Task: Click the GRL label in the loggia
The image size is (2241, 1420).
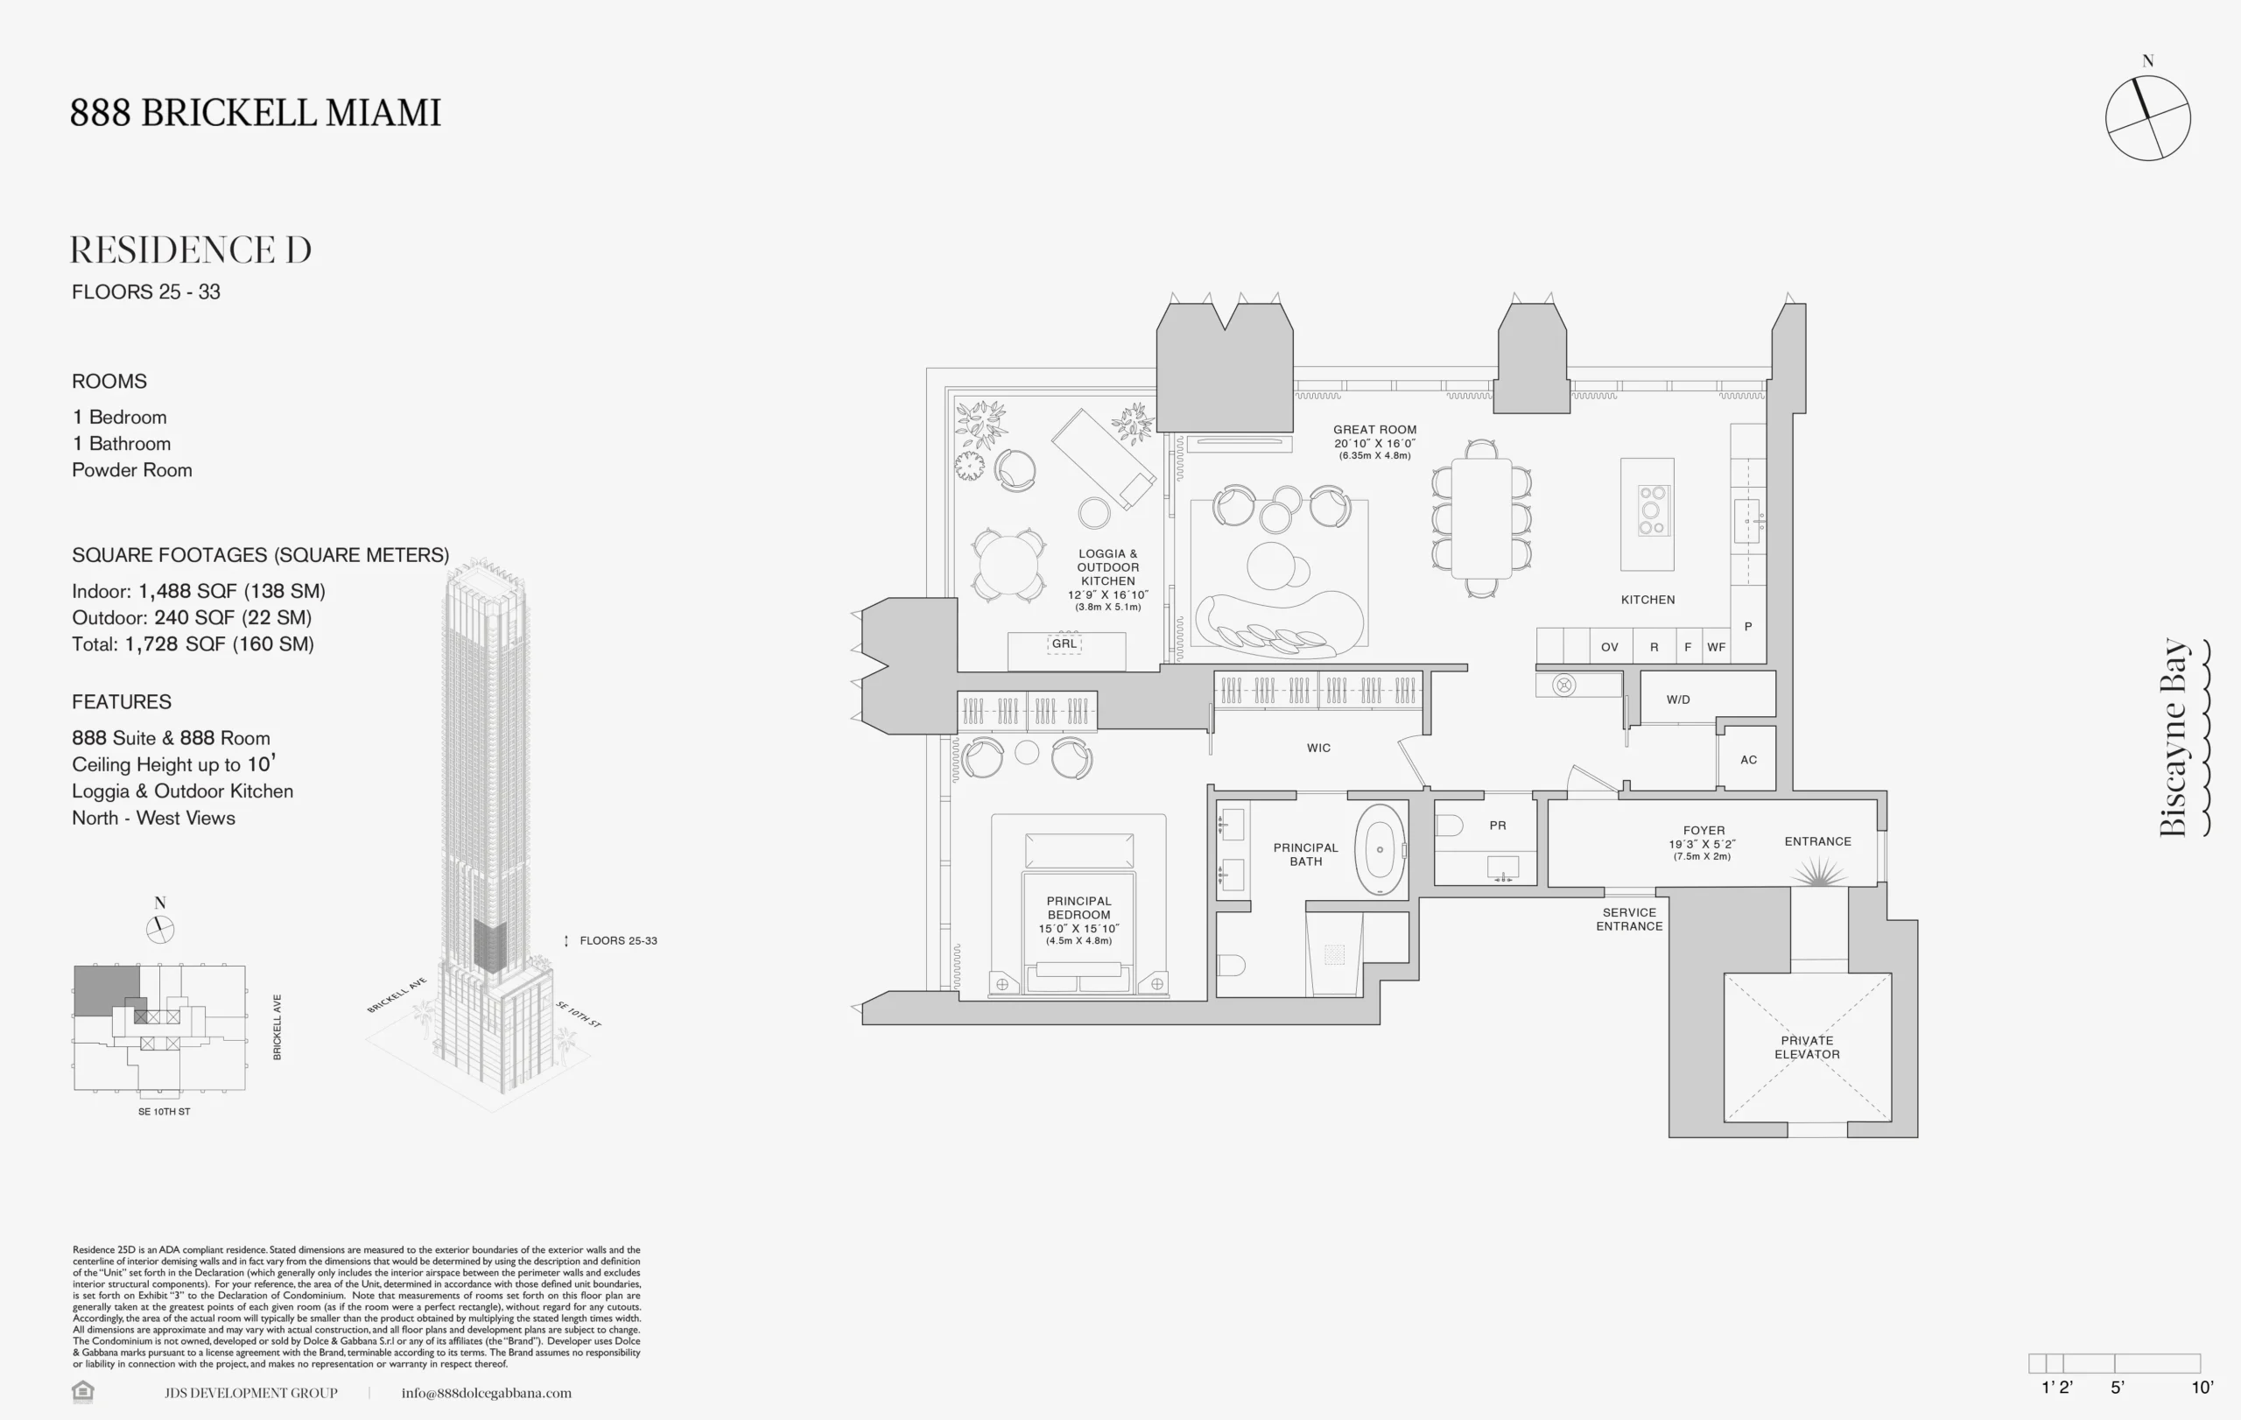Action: pyautogui.click(x=1064, y=644)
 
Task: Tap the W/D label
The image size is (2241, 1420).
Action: pyautogui.click(x=1678, y=699)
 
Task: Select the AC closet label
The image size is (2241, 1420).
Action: pyautogui.click(x=1749, y=760)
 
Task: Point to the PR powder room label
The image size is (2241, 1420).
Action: pyautogui.click(x=1498, y=826)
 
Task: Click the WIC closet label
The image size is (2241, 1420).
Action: pyautogui.click(x=1318, y=749)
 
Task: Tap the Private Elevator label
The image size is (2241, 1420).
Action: pyautogui.click(x=1808, y=1048)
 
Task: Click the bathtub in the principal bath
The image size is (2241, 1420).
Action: pyautogui.click(x=1380, y=849)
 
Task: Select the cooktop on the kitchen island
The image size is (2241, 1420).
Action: pyautogui.click(x=1652, y=510)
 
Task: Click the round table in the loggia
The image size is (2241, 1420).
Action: pyautogui.click(x=1008, y=564)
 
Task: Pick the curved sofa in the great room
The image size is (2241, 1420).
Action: pyautogui.click(x=1280, y=623)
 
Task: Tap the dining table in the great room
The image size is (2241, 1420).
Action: pyautogui.click(x=1481, y=518)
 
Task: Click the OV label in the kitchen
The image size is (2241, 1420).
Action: pyautogui.click(x=1609, y=648)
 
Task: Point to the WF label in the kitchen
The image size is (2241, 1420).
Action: pyautogui.click(x=1716, y=648)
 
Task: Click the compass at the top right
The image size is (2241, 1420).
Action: pyautogui.click(x=2148, y=118)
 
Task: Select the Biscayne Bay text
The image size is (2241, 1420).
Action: pyautogui.click(x=2174, y=738)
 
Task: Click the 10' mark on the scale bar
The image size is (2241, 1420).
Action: pyautogui.click(x=2202, y=1388)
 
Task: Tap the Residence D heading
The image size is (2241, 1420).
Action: pyautogui.click(x=191, y=250)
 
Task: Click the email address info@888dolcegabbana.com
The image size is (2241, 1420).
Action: pyautogui.click(x=487, y=1393)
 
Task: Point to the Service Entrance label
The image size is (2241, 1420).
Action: pyautogui.click(x=1630, y=919)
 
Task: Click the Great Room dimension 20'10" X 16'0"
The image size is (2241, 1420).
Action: pyautogui.click(x=1374, y=443)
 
